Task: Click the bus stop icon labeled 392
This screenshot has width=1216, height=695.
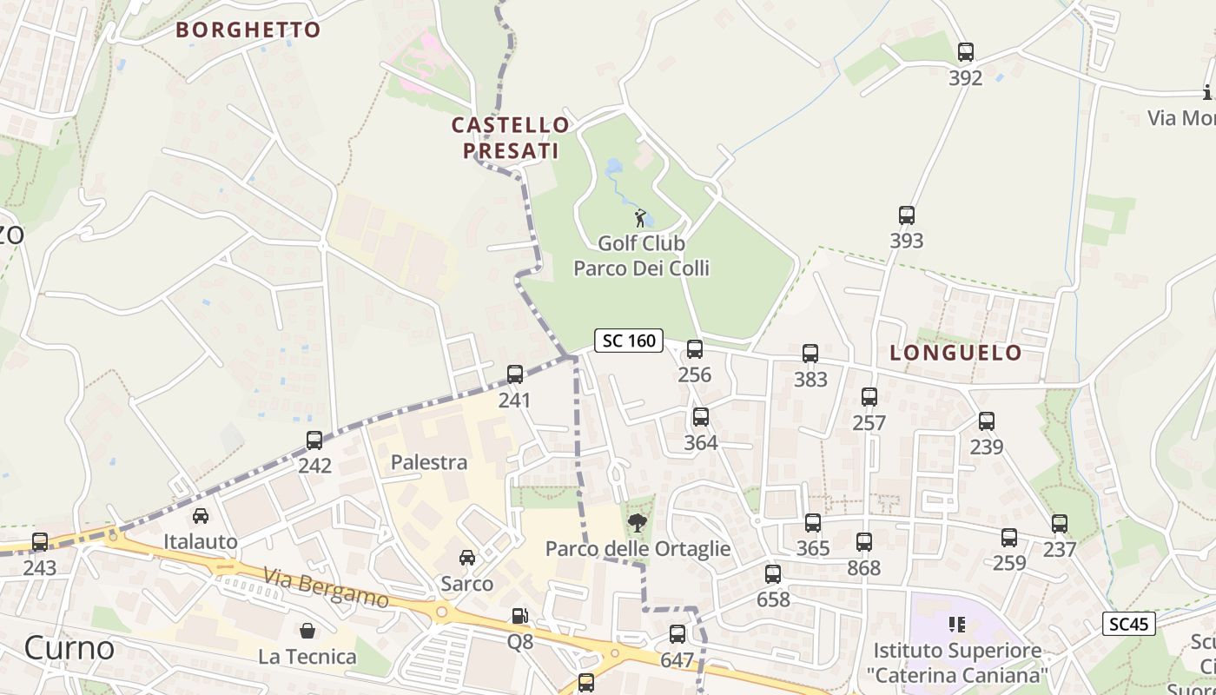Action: pos(965,52)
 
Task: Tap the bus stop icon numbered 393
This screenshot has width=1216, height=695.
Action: pos(906,215)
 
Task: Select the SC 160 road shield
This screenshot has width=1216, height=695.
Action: pos(629,341)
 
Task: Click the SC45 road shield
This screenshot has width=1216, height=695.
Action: pos(1129,624)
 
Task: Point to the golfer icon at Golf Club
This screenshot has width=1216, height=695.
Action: pos(641,218)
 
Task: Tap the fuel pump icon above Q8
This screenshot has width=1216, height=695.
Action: pos(519,616)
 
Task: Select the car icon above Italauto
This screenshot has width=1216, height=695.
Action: pos(201,516)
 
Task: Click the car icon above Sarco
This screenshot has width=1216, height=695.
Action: pos(467,558)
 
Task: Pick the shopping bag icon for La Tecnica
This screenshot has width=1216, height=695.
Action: pos(307,630)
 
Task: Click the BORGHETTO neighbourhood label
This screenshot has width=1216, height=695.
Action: pos(248,30)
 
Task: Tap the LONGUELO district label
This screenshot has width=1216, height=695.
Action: pos(955,353)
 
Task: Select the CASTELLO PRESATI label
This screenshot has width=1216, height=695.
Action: pos(511,138)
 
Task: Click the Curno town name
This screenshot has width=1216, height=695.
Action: pos(69,648)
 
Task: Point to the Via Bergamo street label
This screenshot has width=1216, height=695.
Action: pos(326,588)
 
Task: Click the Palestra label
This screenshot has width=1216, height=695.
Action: pos(429,462)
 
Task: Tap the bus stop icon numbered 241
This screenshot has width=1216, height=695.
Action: pos(515,374)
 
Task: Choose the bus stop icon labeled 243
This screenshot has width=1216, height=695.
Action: pos(40,542)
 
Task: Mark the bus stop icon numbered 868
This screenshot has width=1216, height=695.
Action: pos(863,542)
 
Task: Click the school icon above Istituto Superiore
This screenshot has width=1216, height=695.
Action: pos(957,624)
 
